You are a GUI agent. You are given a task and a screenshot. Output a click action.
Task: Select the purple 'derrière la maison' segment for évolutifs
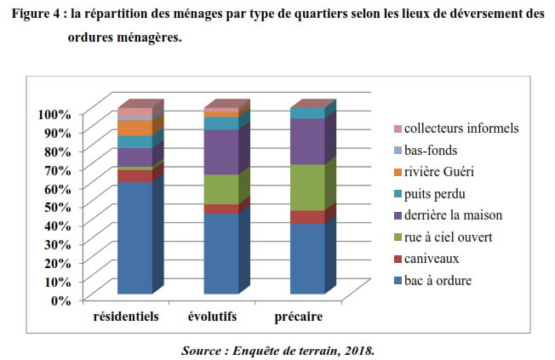pos(221,152)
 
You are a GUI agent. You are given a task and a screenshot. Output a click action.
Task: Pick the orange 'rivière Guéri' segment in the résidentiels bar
pos(134,128)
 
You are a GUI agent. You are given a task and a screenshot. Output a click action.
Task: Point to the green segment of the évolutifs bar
pos(221,189)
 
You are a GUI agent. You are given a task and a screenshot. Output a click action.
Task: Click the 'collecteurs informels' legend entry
pos(461,129)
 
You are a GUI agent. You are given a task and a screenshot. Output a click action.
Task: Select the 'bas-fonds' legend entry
pos(435,150)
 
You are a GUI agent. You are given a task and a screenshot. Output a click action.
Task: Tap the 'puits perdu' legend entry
pos(439,193)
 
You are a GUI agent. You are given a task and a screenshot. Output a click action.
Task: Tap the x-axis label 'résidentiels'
pos(126,318)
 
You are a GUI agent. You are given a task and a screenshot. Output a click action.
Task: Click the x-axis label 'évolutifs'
pos(212,318)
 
